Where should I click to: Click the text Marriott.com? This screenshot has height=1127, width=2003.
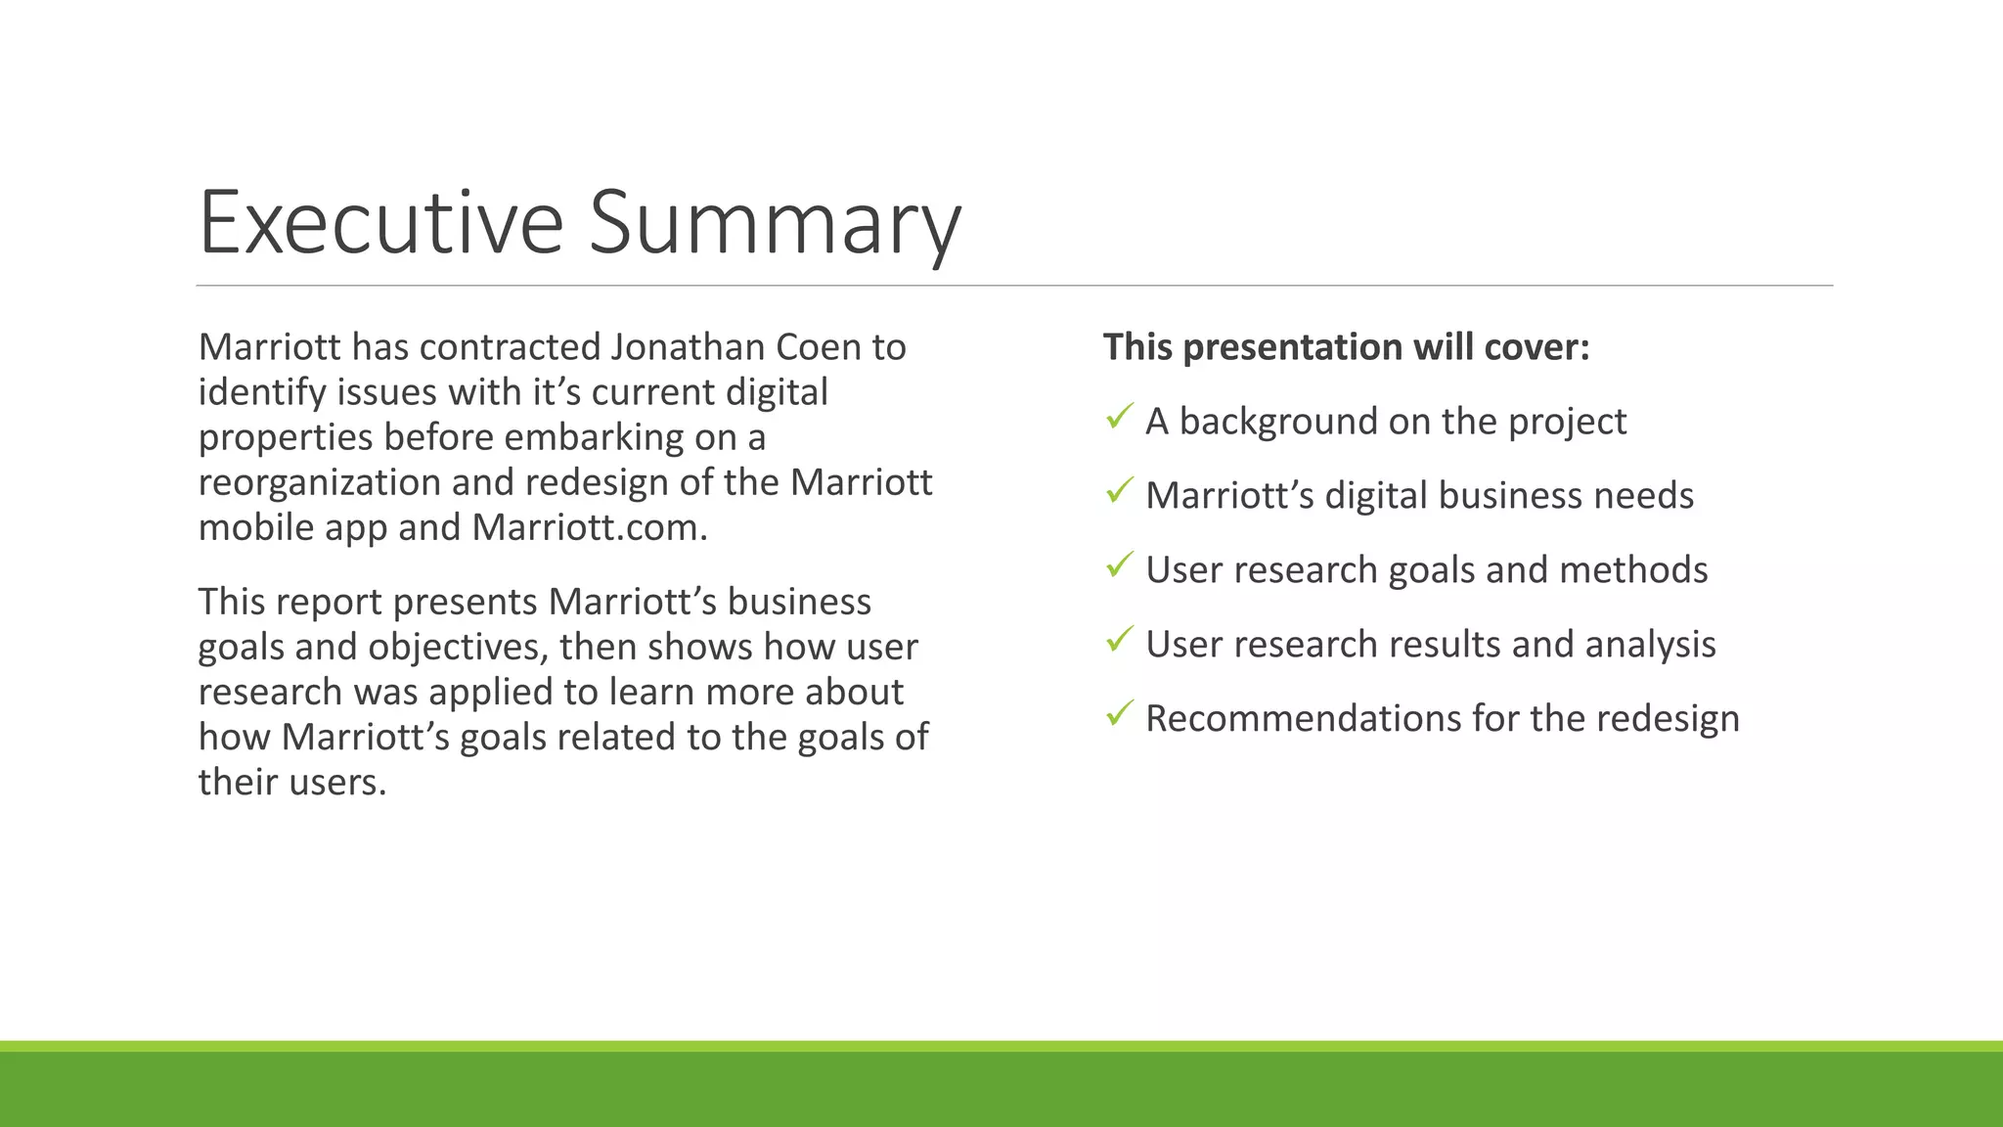(x=589, y=527)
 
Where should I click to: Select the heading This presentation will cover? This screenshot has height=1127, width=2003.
(x=1346, y=347)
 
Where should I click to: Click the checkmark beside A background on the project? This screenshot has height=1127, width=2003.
(x=1120, y=417)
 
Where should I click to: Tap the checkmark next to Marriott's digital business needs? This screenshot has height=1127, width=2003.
(x=1120, y=491)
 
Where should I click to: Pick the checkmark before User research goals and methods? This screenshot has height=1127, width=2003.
(x=1120, y=565)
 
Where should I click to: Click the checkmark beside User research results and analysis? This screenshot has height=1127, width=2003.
(x=1120, y=640)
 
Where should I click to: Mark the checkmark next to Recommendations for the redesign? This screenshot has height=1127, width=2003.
(x=1120, y=714)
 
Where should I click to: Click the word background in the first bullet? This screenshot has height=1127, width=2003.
(x=1277, y=422)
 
